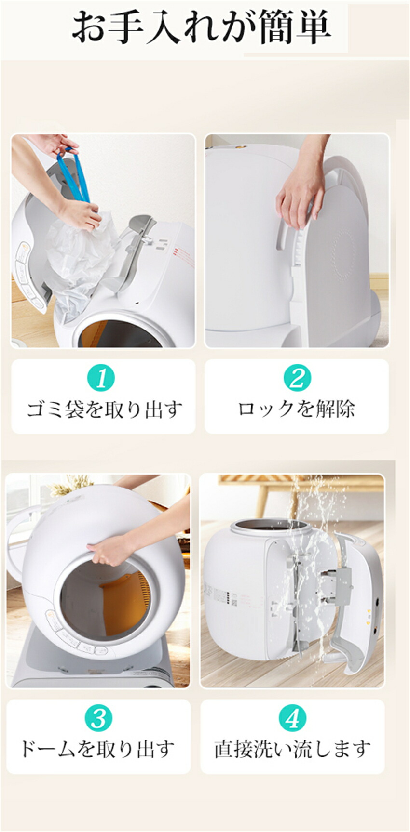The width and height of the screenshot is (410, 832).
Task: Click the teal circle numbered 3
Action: pos(98,718)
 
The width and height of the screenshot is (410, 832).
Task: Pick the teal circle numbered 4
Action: pos(292,718)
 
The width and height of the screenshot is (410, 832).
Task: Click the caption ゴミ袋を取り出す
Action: pos(104,409)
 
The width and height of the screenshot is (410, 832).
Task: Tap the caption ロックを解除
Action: pos(296,409)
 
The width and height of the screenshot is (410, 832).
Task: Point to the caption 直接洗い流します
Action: pos(292,749)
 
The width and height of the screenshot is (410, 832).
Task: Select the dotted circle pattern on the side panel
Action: pos(343,253)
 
